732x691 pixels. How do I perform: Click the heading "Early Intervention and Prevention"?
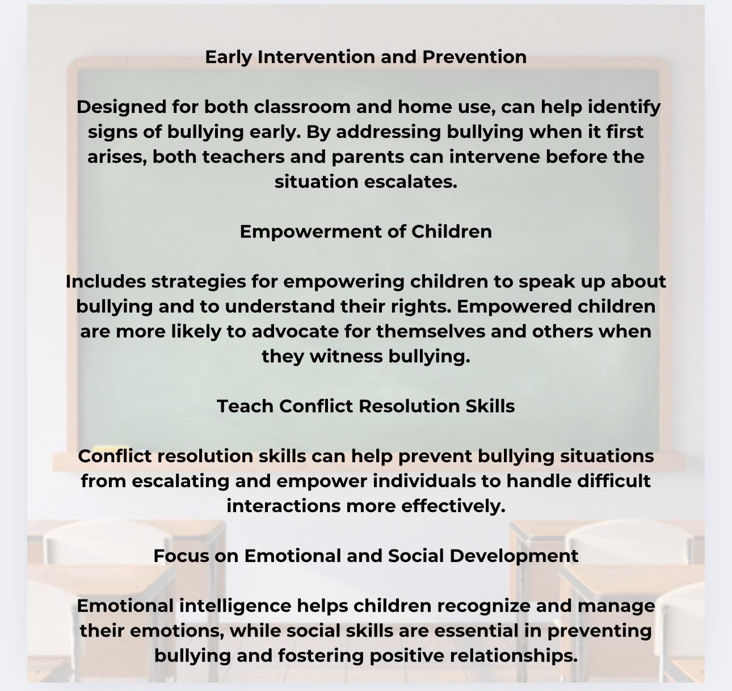click(x=365, y=57)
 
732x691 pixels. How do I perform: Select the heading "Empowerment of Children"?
click(x=365, y=232)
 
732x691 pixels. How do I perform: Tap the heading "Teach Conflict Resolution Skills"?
click(x=365, y=407)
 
